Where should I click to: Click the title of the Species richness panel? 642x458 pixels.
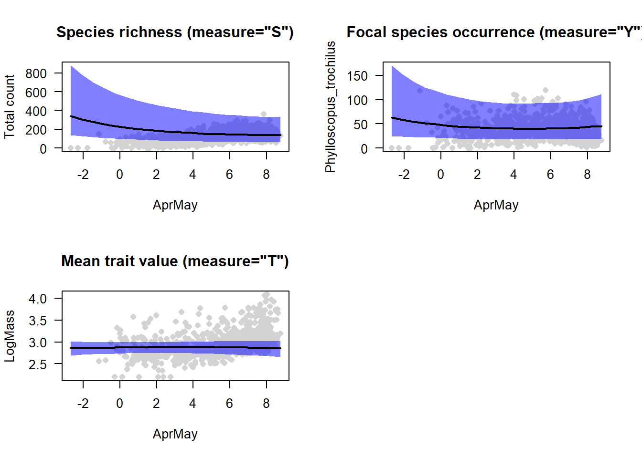pos(175,32)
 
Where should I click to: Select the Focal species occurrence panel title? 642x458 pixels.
pos(494,32)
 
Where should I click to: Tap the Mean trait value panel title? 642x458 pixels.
pos(175,261)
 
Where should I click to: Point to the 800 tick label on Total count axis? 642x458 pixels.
pos(36,73)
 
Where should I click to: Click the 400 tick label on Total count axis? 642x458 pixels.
pos(36,111)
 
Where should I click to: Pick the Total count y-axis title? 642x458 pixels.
pos(10,106)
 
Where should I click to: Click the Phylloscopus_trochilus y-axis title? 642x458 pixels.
pos(331,106)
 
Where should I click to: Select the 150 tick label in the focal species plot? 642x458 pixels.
pos(357,76)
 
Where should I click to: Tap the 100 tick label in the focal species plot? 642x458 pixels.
pos(357,100)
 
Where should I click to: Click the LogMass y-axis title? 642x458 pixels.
pos(10,336)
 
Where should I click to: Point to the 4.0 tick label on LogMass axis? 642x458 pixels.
pos(38,299)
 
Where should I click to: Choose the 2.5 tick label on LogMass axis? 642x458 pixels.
pos(38,364)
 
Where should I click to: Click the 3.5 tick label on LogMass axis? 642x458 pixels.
pos(38,321)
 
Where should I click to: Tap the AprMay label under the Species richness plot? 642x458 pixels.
pos(175,205)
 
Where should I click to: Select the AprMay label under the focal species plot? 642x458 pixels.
pos(496,205)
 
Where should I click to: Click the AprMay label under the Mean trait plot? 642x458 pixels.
pos(175,434)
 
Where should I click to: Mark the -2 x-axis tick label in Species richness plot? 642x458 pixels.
pos(83,175)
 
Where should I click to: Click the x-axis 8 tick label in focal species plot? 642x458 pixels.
pos(587,175)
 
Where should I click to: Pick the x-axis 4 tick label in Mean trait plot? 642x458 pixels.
pos(193,404)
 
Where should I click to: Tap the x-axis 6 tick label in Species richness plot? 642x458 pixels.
pos(229,175)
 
